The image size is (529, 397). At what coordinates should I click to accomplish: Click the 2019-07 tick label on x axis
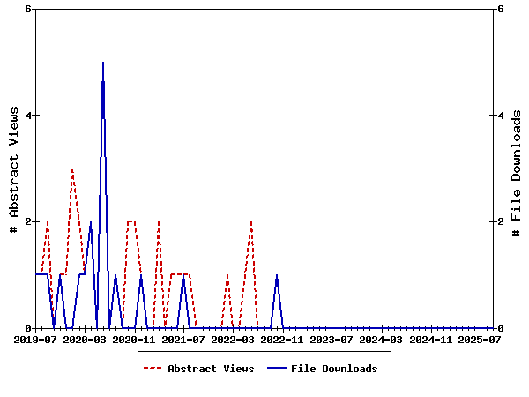click(35, 339)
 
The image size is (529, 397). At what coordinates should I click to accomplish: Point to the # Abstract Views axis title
click(13, 169)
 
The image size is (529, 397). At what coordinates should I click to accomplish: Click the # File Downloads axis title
click(516, 169)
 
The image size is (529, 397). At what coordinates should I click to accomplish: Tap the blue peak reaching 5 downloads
click(103, 63)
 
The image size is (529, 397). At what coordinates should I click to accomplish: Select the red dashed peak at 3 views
click(72, 169)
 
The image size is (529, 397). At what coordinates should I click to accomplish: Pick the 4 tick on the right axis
click(501, 116)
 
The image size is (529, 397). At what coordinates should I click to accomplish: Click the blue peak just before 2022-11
click(277, 275)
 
